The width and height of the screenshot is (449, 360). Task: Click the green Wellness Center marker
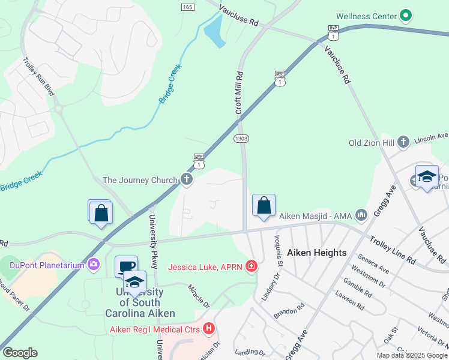point(406,16)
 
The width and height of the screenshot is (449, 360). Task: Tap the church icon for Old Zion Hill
point(404,142)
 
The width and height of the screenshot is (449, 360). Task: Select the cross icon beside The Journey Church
point(187,179)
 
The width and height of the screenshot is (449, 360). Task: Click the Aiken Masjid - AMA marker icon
point(361,214)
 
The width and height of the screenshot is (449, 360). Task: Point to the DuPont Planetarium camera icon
point(93,263)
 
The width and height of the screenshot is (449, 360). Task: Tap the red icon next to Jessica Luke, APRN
point(251,266)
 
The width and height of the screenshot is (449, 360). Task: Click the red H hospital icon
point(209,328)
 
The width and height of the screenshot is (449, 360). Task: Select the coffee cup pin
point(126,266)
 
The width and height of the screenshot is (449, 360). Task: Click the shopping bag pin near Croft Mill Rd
point(264,206)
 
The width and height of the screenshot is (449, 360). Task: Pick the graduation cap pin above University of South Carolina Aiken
point(134,281)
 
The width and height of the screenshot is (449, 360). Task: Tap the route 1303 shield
point(241,139)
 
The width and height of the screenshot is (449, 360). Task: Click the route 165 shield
point(187,7)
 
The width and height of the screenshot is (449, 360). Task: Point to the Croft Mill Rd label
point(239,93)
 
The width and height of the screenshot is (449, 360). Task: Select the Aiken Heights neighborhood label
point(316,253)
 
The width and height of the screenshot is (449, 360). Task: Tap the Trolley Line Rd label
point(391,250)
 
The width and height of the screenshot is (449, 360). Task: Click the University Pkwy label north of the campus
point(152,237)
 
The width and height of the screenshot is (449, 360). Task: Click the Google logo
point(20,353)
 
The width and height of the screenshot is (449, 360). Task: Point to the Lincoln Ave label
point(431,136)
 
